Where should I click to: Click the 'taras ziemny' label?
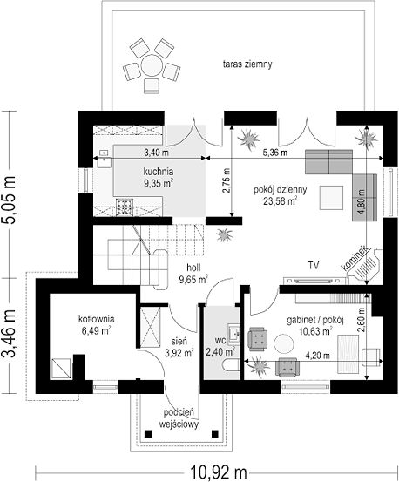point(247,64)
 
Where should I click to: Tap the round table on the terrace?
point(151,65)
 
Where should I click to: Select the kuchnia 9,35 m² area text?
point(159,177)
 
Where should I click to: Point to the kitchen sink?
point(105,159)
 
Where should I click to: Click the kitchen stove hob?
point(125,207)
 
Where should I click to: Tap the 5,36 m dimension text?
point(275,153)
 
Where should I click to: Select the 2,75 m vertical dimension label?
point(227,180)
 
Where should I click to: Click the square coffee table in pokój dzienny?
point(331,198)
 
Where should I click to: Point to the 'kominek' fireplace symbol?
point(365,265)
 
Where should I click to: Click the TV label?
point(314,265)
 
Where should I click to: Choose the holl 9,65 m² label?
point(193,274)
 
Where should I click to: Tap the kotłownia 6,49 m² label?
point(96,325)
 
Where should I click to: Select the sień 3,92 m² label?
point(179,347)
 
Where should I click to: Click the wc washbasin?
point(234,333)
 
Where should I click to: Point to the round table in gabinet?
point(284,343)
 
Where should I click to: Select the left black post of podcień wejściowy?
point(149,434)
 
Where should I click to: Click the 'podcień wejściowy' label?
point(179,418)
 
